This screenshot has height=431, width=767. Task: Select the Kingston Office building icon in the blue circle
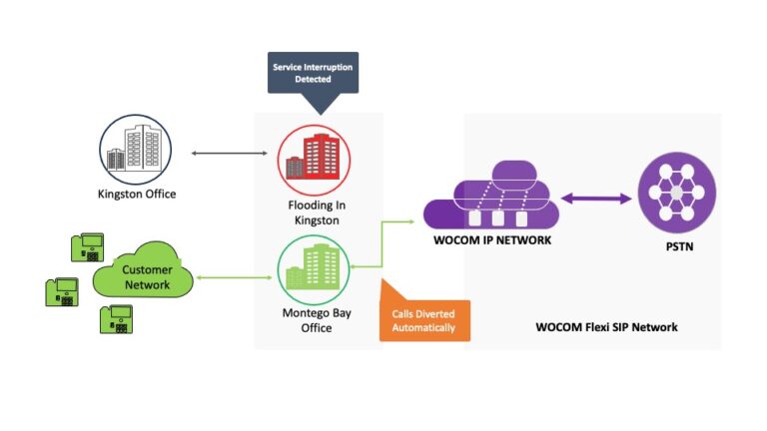137,150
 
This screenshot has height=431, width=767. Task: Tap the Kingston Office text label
138,194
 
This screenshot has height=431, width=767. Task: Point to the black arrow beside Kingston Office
229,154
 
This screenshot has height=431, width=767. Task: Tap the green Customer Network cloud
145,276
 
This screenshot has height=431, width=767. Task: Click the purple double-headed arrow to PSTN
597,199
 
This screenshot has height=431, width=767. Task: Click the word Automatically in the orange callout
424,327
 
